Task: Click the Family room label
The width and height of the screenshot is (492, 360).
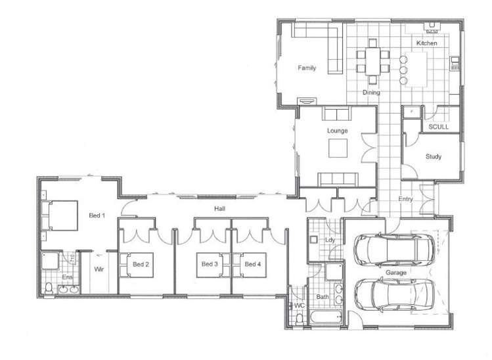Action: point(306,68)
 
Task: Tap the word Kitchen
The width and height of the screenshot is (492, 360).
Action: point(426,43)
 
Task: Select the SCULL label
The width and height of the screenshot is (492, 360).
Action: point(438,127)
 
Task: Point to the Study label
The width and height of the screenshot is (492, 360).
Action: point(433,156)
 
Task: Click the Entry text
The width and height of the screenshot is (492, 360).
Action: point(406,199)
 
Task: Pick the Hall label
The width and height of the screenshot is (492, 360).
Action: point(219,208)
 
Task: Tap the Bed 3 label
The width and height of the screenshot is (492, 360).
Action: point(210,264)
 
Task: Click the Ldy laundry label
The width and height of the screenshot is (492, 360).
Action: point(330,240)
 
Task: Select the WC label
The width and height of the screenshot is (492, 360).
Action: point(300,305)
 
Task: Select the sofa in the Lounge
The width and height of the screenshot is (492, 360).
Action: point(338,179)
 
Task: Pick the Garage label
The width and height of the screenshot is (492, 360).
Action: point(395,271)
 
